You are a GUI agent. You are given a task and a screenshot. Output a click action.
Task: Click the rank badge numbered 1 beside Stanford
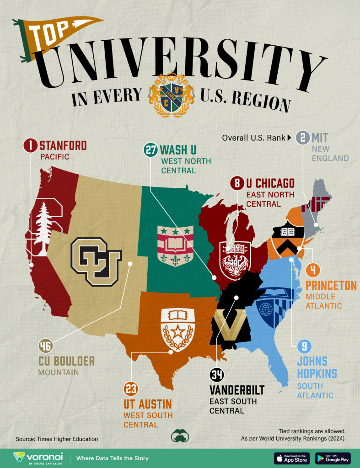click(x=31, y=146)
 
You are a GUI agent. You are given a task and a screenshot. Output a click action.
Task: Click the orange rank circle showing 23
click(x=130, y=390)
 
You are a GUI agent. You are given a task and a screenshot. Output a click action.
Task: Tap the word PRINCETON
click(x=331, y=286)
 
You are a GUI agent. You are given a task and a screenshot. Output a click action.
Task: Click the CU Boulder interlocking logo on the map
click(x=96, y=261)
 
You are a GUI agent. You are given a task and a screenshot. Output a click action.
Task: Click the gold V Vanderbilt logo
click(x=230, y=326)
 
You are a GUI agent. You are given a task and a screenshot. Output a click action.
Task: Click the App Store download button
click(x=292, y=458)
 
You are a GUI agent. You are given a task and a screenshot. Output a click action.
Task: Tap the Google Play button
click(x=333, y=458)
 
